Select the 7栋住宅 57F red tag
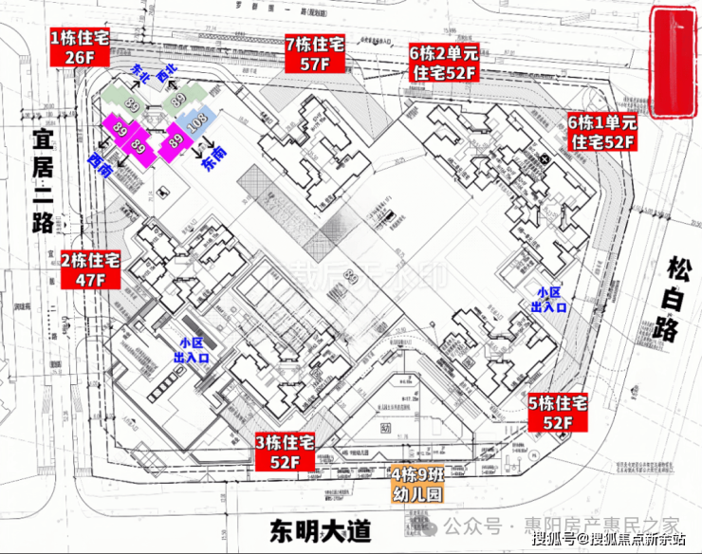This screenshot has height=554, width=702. [314, 53]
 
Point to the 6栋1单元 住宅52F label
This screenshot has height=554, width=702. [601, 132]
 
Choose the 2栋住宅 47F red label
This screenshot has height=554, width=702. [90, 269]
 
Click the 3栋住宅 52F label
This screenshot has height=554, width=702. [284, 452]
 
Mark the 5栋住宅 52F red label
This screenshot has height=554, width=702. [558, 412]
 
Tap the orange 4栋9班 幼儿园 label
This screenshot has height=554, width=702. [416, 484]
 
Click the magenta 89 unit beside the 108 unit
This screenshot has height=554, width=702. [175, 140]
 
